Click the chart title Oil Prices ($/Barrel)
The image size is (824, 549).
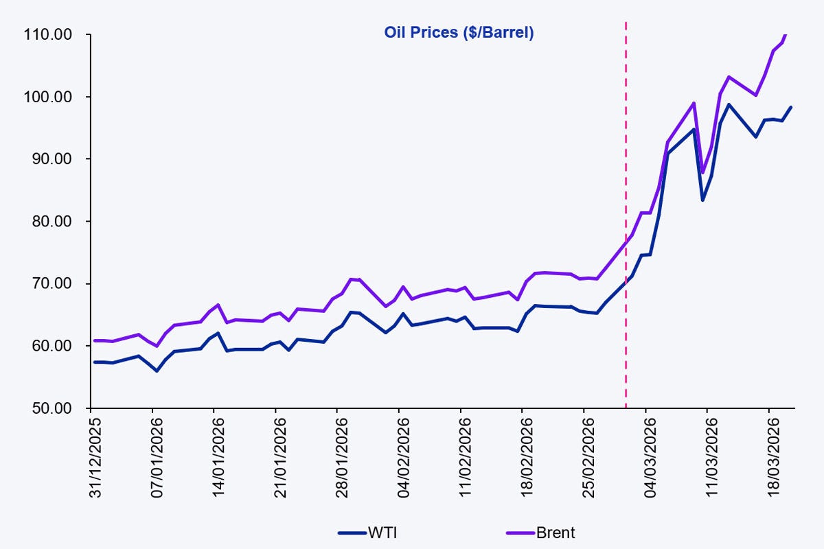(x=458, y=32)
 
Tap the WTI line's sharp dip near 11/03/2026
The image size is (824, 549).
(x=702, y=200)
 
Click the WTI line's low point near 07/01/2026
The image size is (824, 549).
(x=157, y=371)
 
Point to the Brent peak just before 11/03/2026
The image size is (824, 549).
(x=694, y=103)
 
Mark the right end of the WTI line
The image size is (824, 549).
(x=791, y=107)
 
